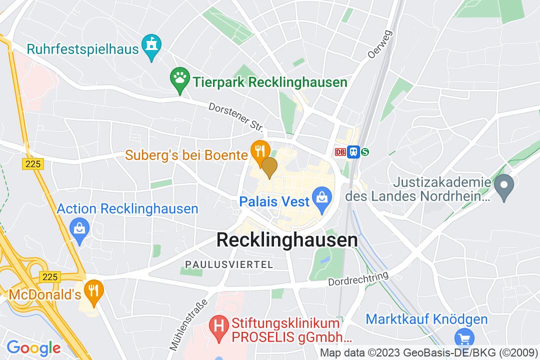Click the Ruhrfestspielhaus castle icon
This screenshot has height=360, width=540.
coord(150,45)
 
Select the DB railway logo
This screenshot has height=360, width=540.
coord(340,151)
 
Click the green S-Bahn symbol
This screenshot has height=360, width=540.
coord(365,151)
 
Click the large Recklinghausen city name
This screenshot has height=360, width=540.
coord(287,240)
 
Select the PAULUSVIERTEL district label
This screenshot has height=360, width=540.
coord(229,264)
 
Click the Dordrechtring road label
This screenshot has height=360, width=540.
coord(358,279)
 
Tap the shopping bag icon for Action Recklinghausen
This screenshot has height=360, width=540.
coord(79,229)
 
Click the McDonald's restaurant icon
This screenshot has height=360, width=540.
coord(93,289)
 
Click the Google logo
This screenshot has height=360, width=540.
coord(34,348)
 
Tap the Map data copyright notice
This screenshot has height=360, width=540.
coord(429,351)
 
